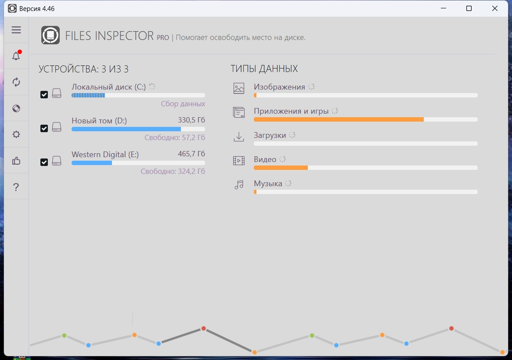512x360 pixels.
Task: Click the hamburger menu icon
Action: [x=16, y=30]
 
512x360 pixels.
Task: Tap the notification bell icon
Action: [x=16, y=56]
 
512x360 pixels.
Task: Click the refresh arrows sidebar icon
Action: [x=16, y=82]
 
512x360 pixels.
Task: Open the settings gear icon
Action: [x=16, y=134]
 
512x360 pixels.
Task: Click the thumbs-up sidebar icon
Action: [x=16, y=161]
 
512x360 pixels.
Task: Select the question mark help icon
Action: [x=16, y=187]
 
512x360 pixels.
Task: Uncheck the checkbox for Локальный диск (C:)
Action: [x=44, y=94]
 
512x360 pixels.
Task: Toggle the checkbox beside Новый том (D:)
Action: [x=44, y=128]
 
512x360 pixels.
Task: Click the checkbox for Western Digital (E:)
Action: [x=44, y=162]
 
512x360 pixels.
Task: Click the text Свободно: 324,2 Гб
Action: [x=173, y=171]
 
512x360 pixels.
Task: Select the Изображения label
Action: [x=279, y=87]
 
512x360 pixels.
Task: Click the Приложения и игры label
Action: [x=291, y=111]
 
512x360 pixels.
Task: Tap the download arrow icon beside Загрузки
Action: [x=239, y=137]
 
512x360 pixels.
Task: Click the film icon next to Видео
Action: [x=239, y=161]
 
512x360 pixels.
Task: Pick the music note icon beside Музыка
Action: [x=239, y=185]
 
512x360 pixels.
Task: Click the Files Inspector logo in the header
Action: [x=50, y=36]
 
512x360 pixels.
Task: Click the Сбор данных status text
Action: [x=183, y=104]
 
